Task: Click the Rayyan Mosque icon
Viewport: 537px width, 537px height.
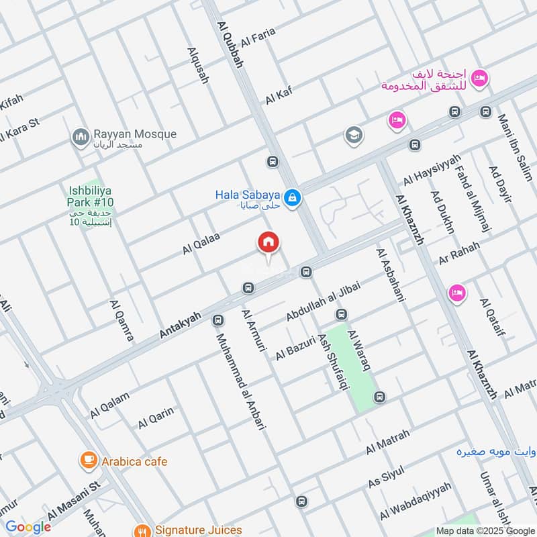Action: (81, 137)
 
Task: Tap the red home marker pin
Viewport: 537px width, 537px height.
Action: (268, 243)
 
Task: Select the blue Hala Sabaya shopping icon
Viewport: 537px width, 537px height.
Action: (292, 198)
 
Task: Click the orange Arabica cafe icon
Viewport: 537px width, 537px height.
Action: (87, 460)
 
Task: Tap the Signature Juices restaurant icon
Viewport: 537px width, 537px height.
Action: (142, 530)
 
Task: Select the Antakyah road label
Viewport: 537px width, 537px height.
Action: (181, 325)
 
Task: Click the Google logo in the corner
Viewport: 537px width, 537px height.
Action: (28, 527)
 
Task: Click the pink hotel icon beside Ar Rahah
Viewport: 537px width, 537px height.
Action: (457, 293)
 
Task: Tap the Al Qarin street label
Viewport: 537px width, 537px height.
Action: (156, 418)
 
